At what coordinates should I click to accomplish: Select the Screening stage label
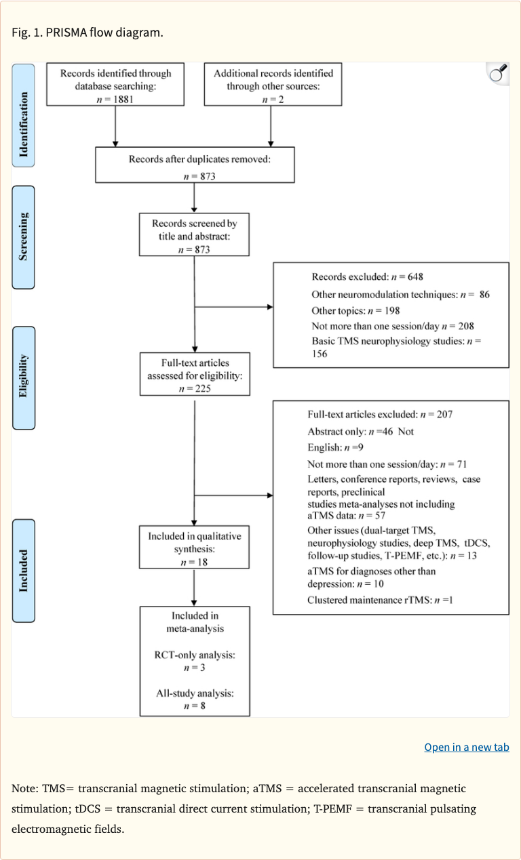coord(23,238)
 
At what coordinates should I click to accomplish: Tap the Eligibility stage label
coord(23,377)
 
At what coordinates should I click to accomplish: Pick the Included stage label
coord(23,571)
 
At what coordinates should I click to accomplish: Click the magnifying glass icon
coord(498,73)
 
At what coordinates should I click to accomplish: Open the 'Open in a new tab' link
coord(466,747)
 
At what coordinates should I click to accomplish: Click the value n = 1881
coord(115,99)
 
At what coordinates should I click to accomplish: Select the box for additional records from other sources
coord(273,85)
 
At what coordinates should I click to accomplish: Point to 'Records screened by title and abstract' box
coord(194,235)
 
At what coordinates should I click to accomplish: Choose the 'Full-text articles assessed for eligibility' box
coord(194,373)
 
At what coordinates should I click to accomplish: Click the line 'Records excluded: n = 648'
coord(367,277)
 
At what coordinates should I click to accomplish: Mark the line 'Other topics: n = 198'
coord(355,311)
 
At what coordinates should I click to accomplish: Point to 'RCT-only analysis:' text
coord(195,655)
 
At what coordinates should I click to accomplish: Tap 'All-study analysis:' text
coord(195,693)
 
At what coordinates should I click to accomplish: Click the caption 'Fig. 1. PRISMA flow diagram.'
coord(88,33)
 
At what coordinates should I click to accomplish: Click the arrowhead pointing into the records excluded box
coord(269,307)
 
